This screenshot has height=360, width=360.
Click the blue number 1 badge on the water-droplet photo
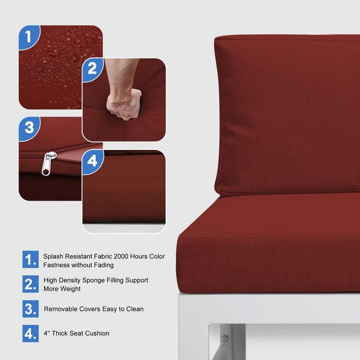point(29,37)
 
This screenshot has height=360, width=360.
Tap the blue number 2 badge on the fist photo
point(92,69)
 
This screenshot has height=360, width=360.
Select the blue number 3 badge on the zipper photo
point(29,128)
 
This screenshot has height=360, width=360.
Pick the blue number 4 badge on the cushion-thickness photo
point(93,161)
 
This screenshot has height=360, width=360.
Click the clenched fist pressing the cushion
point(125,104)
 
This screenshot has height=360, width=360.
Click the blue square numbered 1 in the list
point(31,260)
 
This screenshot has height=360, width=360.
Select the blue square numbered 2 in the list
point(31,284)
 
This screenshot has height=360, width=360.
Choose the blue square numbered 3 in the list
point(31,309)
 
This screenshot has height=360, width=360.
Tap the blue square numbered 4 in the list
point(31,333)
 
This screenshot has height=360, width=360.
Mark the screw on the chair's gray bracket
point(225,338)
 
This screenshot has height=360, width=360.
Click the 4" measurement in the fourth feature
point(47,333)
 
